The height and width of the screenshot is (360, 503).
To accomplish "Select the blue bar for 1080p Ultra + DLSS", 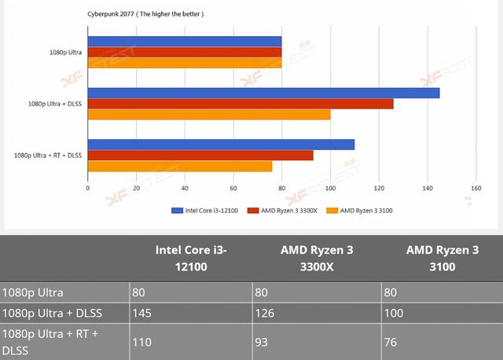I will (x=263, y=93).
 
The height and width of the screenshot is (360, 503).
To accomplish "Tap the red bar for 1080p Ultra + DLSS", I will (x=240, y=104).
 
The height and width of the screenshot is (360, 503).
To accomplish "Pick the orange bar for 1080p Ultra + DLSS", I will (x=209, y=115).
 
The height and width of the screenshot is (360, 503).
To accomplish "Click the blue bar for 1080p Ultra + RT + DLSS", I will (x=221, y=145).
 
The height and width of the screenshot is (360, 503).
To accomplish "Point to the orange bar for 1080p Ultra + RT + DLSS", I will (x=180, y=166).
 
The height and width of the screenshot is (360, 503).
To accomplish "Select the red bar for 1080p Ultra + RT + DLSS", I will (x=200, y=155).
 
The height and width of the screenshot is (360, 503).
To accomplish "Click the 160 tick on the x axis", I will (x=475, y=189).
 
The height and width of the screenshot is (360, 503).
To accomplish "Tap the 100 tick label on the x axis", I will (x=330, y=189).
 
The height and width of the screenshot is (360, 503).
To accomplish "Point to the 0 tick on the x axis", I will (x=88, y=189).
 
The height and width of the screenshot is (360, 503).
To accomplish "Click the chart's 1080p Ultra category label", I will (x=64, y=53).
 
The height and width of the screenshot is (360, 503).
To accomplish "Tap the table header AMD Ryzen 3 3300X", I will (x=317, y=259).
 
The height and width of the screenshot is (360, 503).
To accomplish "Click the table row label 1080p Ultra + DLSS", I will (x=53, y=314).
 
